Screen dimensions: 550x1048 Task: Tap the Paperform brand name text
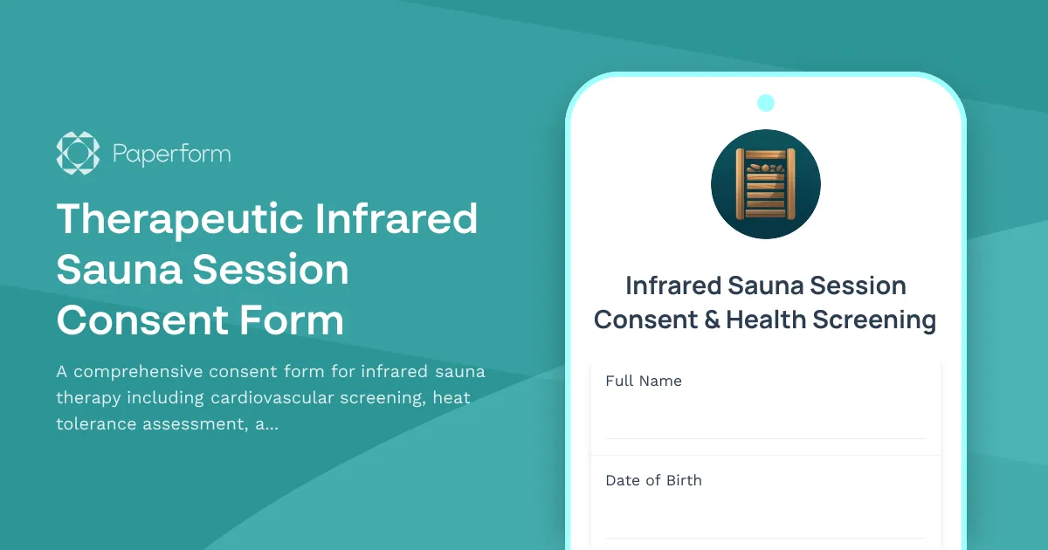pyautogui.click(x=172, y=155)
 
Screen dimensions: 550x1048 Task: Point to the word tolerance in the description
pyautogui.click(x=99, y=424)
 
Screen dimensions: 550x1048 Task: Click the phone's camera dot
pyautogui.click(x=766, y=103)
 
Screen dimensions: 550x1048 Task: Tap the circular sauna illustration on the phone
pyautogui.click(x=766, y=184)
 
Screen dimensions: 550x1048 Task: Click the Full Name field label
pyautogui.click(x=644, y=381)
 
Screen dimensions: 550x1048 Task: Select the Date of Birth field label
pyautogui.click(x=653, y=480)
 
